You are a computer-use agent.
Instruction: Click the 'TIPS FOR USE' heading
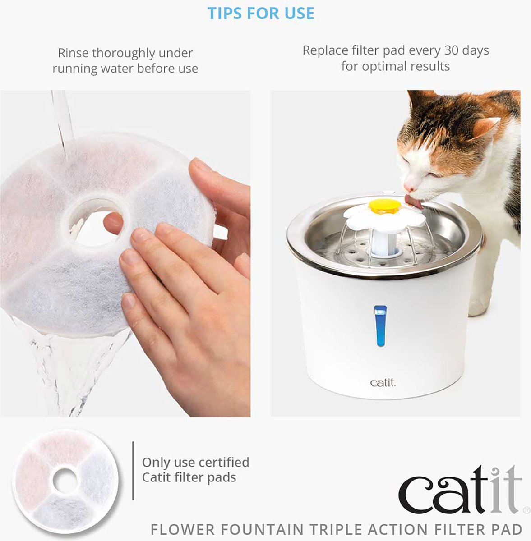pos(261,13)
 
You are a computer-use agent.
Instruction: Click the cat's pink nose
pos(408,186)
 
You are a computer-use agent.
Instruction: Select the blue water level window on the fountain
pos(380,326)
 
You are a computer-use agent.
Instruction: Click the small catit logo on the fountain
pos(383,382)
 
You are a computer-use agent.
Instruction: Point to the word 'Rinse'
pos(73,53)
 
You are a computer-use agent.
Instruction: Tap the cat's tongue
pos(413,202)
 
